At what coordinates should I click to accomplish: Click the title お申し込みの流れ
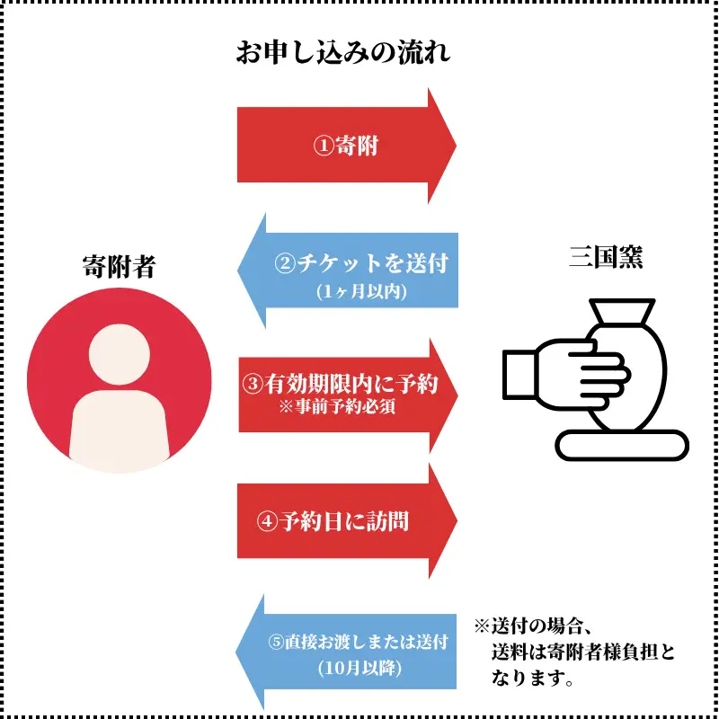343,53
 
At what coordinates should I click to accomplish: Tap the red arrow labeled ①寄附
347,146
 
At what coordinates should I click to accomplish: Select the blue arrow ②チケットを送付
348,271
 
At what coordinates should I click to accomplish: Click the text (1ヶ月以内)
361,291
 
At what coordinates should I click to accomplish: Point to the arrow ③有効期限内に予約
348,395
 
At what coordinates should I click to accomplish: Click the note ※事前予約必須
337,407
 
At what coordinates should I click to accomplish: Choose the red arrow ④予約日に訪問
347,521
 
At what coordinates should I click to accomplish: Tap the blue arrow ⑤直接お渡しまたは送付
346,652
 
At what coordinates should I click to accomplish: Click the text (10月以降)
360,669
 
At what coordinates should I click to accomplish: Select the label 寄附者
120,266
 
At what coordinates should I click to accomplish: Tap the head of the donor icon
120,354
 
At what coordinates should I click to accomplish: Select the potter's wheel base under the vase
622,445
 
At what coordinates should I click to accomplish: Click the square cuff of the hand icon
519,374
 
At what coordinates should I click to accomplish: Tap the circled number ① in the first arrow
324,146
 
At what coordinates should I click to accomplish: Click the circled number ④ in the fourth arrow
267,522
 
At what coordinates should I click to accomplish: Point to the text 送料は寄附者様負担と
583,652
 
